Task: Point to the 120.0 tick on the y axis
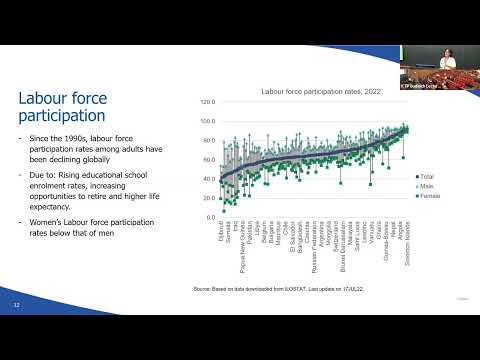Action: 208,102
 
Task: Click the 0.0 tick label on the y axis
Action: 210,217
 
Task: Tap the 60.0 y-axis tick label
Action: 208,160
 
